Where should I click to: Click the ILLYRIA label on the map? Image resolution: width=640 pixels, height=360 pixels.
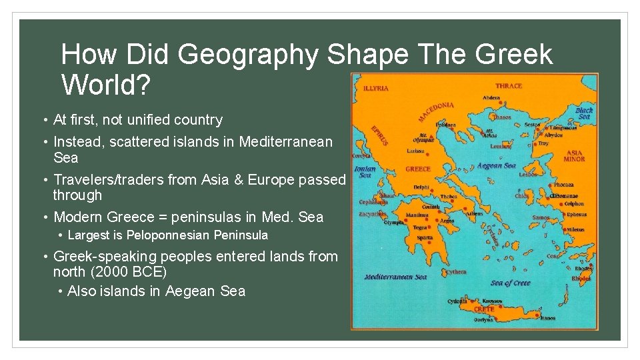pos(376,87)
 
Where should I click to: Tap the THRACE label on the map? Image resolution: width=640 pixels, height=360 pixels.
pos(509,86)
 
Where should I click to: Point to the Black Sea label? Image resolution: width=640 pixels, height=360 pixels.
pos(584,113)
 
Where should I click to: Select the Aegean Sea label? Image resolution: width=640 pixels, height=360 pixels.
pos(497,165)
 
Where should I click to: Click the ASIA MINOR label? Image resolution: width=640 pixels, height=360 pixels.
pos(574,156)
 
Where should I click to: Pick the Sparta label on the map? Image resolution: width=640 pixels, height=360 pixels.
pos(425,237)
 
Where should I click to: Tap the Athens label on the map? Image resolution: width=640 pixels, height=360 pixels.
pos(474,214)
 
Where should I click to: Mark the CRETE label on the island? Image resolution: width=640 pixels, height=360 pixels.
pos(484,309)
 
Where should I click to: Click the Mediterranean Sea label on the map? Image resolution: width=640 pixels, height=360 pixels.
pos(396,277)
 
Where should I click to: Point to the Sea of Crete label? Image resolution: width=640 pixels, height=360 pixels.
pos(511,283)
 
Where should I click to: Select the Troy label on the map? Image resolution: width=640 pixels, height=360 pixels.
pos(543,143)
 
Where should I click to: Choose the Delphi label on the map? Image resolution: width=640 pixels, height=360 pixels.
pos(422,187)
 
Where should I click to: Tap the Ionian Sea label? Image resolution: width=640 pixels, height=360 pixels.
pos(365,172)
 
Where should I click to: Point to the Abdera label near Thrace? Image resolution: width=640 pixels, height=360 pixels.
pos(491,97)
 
